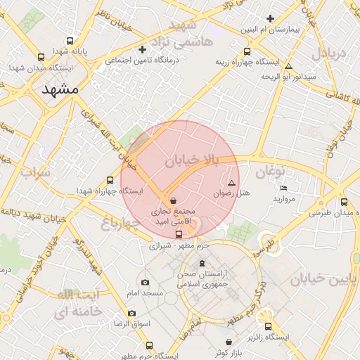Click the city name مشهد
(61, 90)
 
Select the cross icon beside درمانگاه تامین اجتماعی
(143, 49)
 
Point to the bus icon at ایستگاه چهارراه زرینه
(246, 51)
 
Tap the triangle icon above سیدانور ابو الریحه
(288, 66)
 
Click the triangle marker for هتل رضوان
(231, 182)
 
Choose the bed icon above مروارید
(283, 188)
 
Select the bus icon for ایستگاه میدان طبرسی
(344, 202)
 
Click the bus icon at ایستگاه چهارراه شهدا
(110, 180)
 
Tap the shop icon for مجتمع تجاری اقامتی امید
(173, 200)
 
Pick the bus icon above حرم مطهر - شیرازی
(179, 235)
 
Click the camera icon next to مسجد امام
(145, 282)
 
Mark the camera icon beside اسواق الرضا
(131, 313)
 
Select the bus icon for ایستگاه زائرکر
(269, 327)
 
